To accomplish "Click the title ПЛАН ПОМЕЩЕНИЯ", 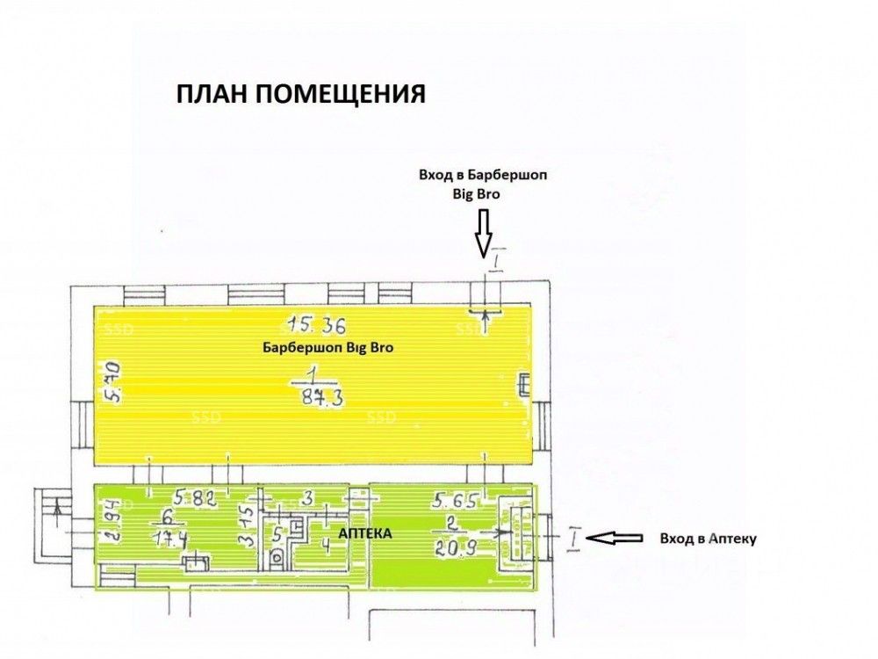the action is point(301,94).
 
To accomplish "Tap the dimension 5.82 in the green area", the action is point(194,498).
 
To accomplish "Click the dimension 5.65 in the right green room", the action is point(453,501).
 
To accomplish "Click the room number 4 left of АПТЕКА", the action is point(325,542).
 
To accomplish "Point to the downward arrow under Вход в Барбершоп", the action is point(483,234).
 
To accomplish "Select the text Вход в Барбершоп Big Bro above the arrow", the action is point(483,185).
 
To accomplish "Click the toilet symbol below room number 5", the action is point(277,554).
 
